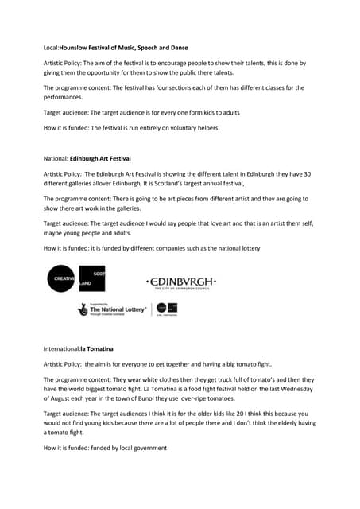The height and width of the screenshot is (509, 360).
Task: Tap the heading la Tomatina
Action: pos(97,349)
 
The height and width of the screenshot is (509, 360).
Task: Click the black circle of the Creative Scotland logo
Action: pos(62,279)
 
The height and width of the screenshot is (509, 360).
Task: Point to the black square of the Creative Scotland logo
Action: pos(91,278)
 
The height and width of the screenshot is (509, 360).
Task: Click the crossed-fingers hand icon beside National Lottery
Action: pos(82,309)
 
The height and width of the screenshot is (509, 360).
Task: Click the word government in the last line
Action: pos(150,449)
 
